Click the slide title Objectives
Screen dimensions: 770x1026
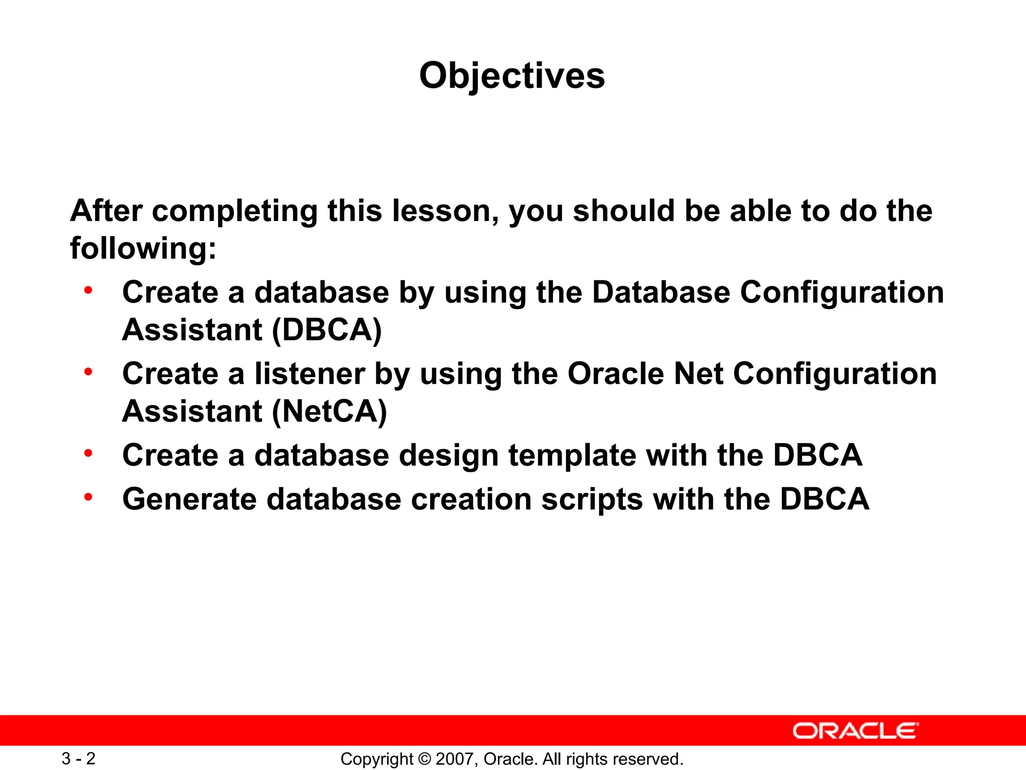512,76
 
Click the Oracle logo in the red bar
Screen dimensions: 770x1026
856,731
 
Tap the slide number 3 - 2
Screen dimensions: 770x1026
79,758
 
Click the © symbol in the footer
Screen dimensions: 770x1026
424,759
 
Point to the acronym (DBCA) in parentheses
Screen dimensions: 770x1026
327,330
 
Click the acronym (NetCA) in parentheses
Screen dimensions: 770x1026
329,412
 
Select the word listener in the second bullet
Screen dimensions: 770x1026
310,374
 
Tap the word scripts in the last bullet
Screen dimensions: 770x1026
592,500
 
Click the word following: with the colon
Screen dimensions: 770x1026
143,248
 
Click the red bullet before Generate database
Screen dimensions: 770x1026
89,497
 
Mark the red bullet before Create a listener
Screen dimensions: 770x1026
89,372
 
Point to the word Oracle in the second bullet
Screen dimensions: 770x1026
615,374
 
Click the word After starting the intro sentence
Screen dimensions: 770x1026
106,211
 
